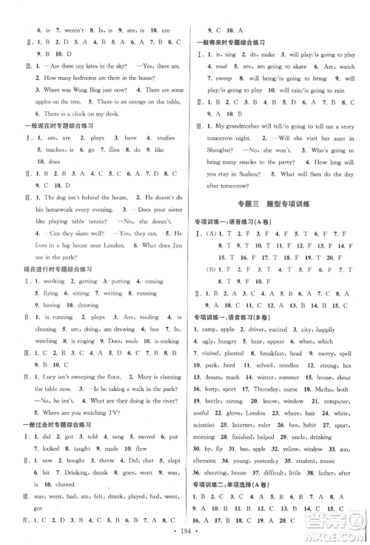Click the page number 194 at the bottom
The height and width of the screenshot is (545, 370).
(184, 534)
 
